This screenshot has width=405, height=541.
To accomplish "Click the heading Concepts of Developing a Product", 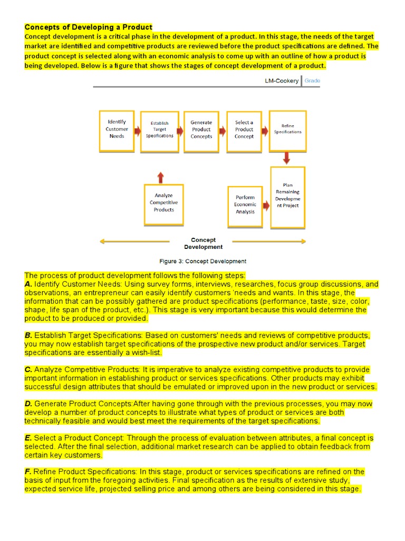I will pyautogui.click(x=88, y=27).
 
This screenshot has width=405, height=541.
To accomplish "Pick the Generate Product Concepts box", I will pyautogui.click(x=201, y=130).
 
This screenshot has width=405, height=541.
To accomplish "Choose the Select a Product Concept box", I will pyautogui.click(x=244, y=130).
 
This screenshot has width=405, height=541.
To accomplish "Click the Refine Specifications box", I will pyautogui.click(x=287, y=130).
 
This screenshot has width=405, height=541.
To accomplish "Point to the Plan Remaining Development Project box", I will pyautogui.click(x=287, y=197).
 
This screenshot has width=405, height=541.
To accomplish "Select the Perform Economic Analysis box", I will pyautogui.click(x=245, y=204).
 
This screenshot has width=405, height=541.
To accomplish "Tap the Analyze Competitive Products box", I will pyautogui.click(x=163, y=203).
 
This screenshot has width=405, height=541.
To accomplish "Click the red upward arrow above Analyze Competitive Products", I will pyautogui.click(x=160, y=177).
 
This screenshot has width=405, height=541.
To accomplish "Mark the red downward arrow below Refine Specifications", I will pyautogui.click(x=287, y=158).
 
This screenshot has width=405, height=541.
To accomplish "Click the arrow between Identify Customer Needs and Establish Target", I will pyautogui.click(x=138, y=130).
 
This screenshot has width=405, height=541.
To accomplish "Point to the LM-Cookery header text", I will pyautogui.click(x=281, y=81).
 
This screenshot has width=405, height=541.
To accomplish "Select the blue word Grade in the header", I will pyautogui.click(x=312, y=81).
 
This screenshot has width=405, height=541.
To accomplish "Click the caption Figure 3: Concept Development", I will pyautogui.click(x=203, y=261).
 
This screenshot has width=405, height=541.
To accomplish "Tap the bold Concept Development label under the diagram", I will pyautogui.click(x=203, y=243).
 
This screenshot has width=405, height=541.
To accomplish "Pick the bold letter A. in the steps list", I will pyautogui.click(x=28, y=284).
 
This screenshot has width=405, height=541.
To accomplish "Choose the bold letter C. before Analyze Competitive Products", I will pyautogui.click(x=28, y=369).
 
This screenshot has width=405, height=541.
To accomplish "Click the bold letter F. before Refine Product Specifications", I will pyautogui.click(x=28, y=471).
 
